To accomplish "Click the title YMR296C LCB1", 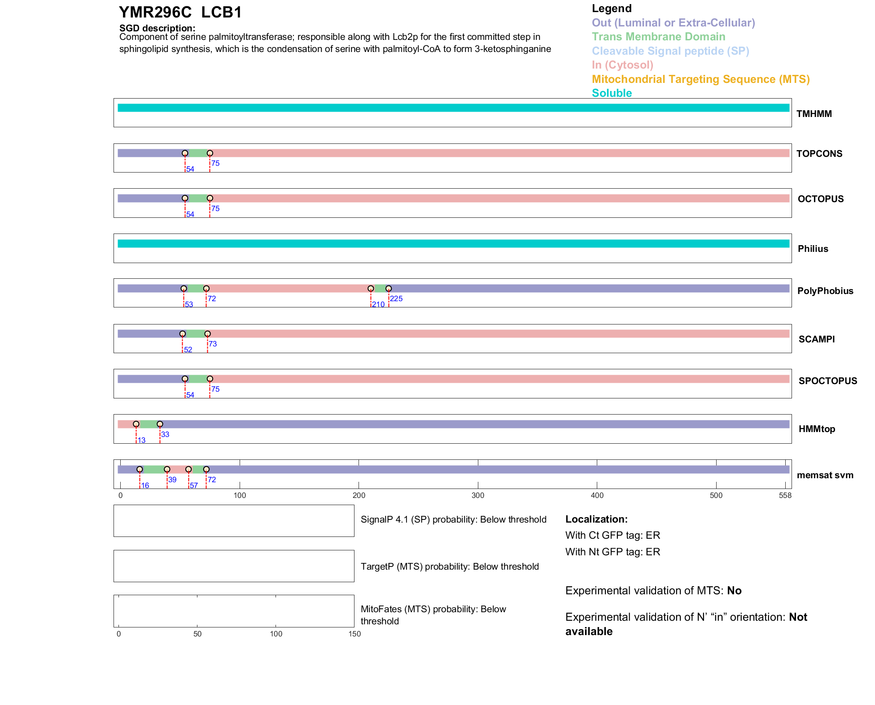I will (180, 13).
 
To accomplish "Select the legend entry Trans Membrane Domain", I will (658, 37).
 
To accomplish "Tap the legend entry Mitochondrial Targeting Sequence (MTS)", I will (700, 79).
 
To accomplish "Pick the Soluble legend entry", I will (612, 93).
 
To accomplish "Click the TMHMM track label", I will (814, 114).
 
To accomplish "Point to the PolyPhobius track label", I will (825, 291).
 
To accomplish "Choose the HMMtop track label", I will (817, 429).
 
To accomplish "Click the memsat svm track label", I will (825, 475).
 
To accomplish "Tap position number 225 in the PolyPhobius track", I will (396, 299).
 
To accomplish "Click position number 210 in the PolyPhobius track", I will (378, 305).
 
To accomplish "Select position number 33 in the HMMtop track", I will (165, 435).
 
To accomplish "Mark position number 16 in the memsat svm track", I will (145, 486).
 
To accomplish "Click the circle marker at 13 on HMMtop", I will (136, 424).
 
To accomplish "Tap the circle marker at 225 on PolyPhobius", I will (389, 289).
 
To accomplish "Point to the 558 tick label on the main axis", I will (785, 496).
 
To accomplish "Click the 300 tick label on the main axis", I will (478, 496).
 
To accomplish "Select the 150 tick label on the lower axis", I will (354, 634).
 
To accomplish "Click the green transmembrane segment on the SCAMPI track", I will (195, 334).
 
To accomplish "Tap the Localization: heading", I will (596, 519).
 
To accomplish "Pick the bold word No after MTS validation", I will (734, 591).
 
